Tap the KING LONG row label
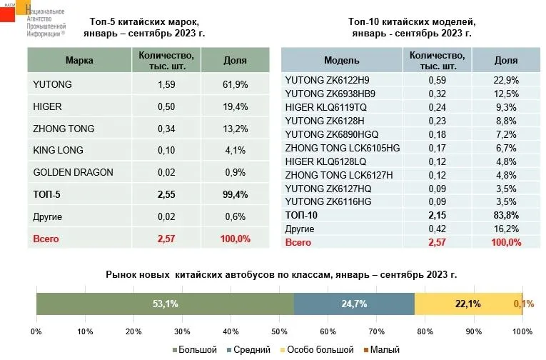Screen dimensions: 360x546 point(58,150)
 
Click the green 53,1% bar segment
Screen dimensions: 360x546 point(165,304)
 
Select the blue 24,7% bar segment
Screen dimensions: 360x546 point(354,304)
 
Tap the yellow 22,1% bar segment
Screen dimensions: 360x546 point(467,304)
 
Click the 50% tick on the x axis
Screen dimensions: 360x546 point(279,331)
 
